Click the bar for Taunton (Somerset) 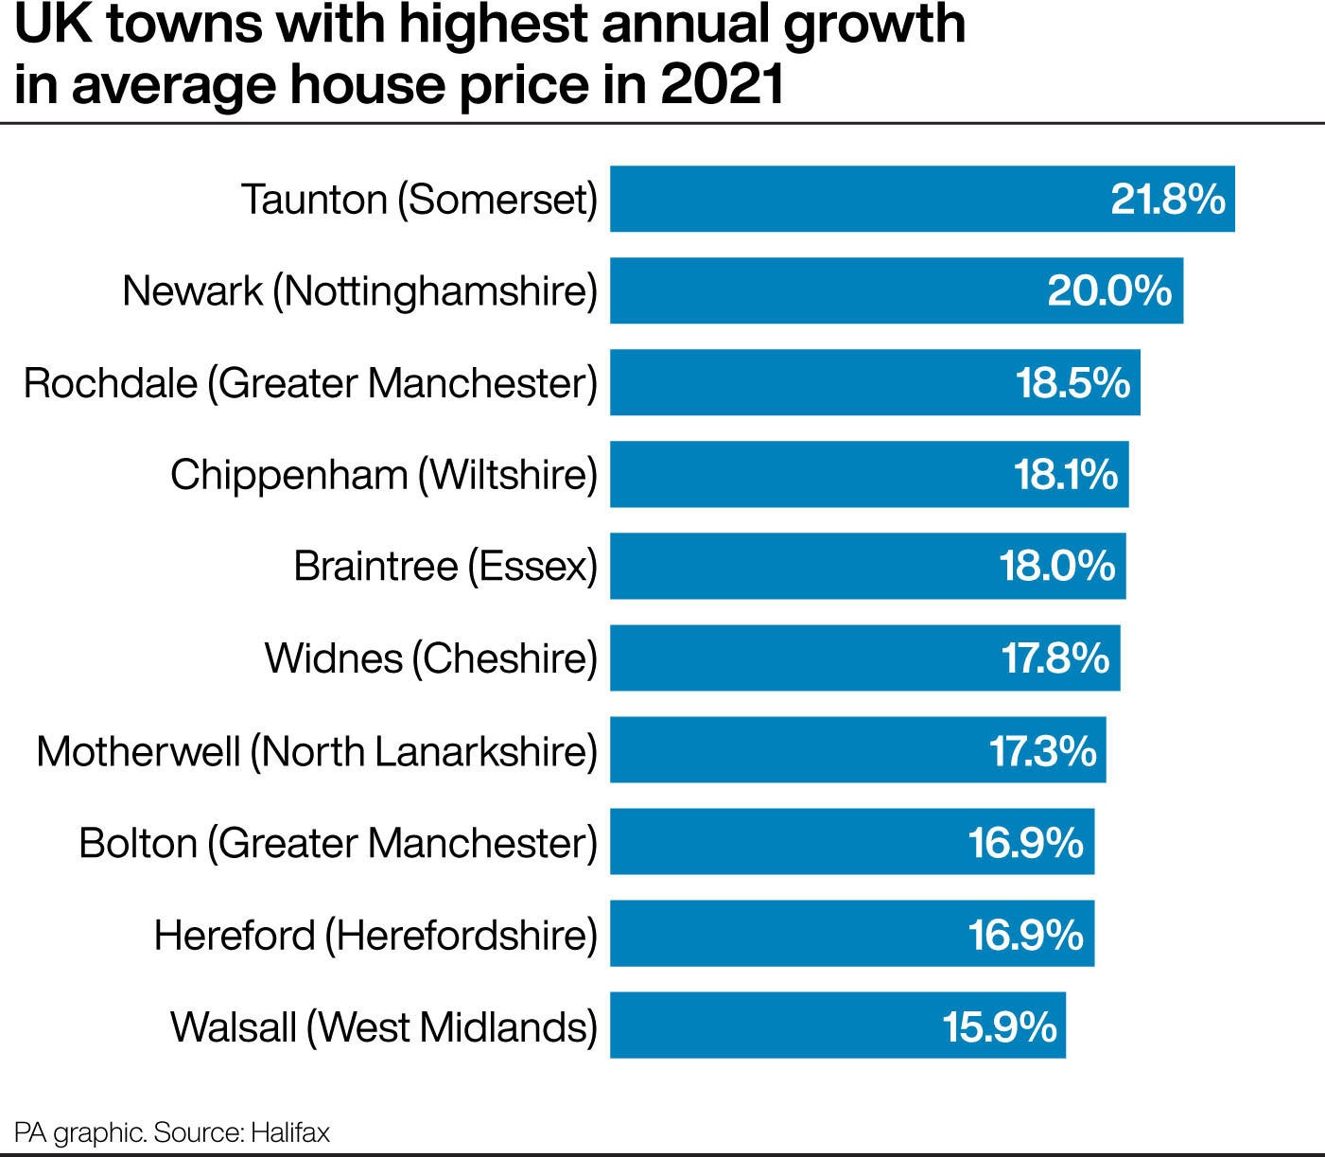pos(851,199)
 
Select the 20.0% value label pos(1109,290)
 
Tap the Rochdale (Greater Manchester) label pos(311,383)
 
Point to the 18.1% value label pos(1066,474)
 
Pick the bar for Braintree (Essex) pos(804,566)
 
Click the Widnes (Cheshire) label pos(431,658)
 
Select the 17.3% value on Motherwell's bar pos(1042,750)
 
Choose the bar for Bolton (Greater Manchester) pos(785,842)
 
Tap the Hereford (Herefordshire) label pos(375,935)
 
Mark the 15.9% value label pos(999,1026)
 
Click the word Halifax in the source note pos(290,1132)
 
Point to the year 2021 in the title pos(723,84)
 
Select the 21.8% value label pos(1167,199)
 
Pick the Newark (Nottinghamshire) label pos(360,290)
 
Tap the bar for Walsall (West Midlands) pos(776,1025)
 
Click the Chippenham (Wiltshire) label pos(384,474)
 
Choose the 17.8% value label pos(1055,658)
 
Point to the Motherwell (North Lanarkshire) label pos(317,751)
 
